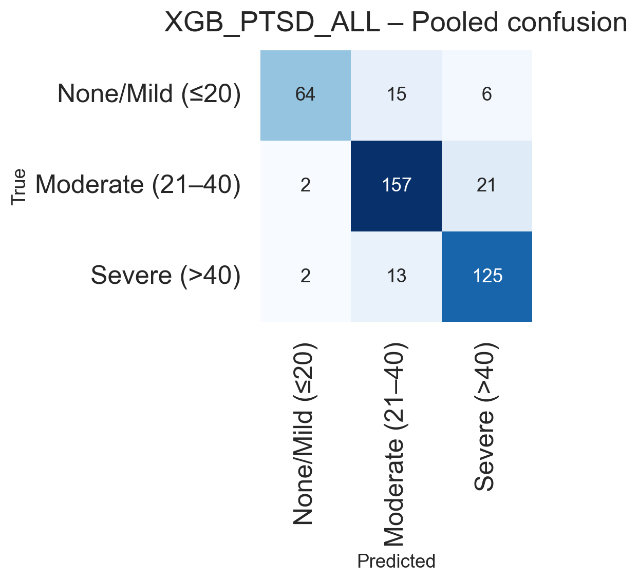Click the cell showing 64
pyautogui.click(x=305, y=95)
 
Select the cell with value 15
pyautogui.click(x=396, y=95)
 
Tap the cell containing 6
pyautogui.click(x=486, y=95)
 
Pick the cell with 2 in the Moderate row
pyautogui.click(x=305, y=185)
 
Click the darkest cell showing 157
pyautogui.click(x=396, y=185)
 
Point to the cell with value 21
pyautogui.click(x=486, y=185)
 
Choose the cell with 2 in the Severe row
pyautogui.click(x=305, y=276)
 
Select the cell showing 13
pyautogui.click(x=396, y=276)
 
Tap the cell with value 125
pyautogui.click(x=486, y=276)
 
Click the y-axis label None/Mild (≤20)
pyautogui.click(x=149, y=94)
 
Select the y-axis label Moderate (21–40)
pyautogui.click(x=138, y=185)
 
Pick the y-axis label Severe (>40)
pyautogui.click(x=165, y=276)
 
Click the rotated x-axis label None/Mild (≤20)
pyautogui.click(x=304, y=434)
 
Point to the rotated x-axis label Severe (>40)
pyautogui.click(x=485, y=416)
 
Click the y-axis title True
pyautogui.click(x=19, y=187)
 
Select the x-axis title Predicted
pyautogui.click(x=396, y=561)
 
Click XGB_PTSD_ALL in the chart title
pyautogui.click(x=272, y=23)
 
